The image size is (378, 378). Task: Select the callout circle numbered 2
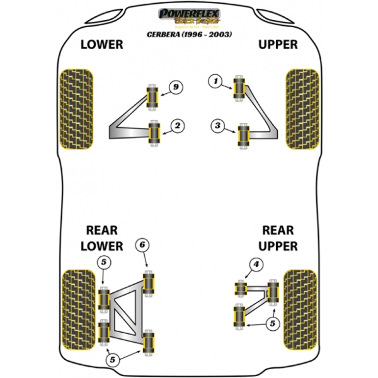[x=178, y=127]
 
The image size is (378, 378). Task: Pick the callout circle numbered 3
[x=217, y=127]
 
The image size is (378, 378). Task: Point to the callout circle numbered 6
[x=142, y=244]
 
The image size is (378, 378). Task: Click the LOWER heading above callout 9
[x=101, y=45]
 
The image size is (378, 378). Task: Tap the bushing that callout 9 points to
[x=151, y=94]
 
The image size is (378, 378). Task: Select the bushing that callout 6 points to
[x=150, y=282]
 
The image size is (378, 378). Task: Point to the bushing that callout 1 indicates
[x=239, y=88]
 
